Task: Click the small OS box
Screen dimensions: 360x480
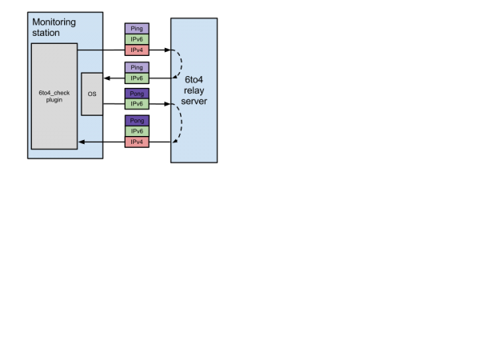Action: (92, 94)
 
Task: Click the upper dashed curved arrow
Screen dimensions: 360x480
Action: (181, 64)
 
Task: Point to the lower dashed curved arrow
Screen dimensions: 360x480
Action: (182, 124)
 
